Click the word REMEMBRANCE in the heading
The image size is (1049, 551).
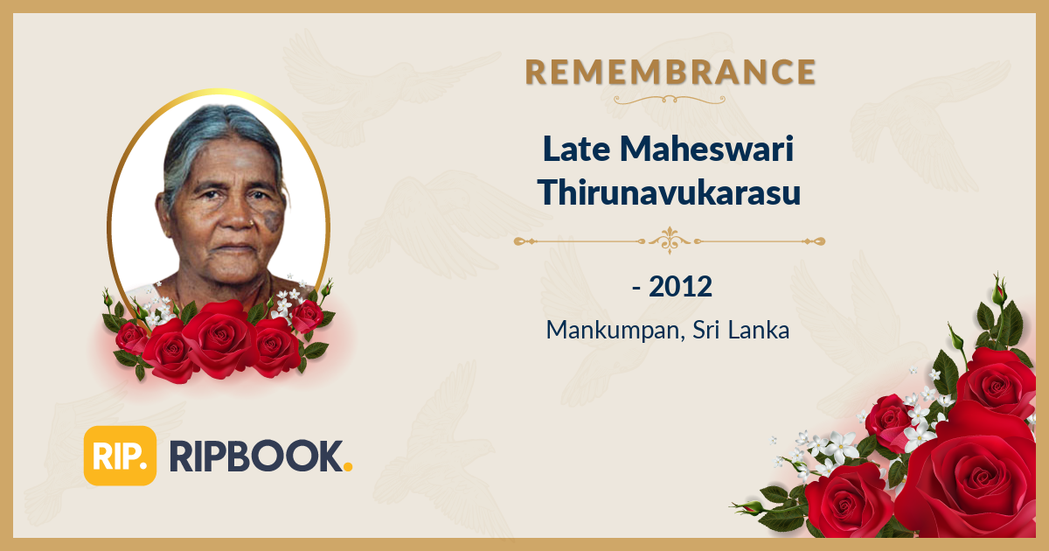tap(670, 73)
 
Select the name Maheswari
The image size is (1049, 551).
tap(709, 150)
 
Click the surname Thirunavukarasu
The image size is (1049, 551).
tap(670, 192)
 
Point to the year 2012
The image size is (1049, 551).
tap(681, 286)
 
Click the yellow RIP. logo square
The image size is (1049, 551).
tap(120, 456)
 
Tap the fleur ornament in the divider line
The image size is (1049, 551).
tap(670, 240)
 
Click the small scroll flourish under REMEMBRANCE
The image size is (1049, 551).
tap(670, 100)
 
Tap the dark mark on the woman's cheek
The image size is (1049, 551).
tap(273, 219)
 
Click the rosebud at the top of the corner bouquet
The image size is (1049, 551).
tap(998, 289)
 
